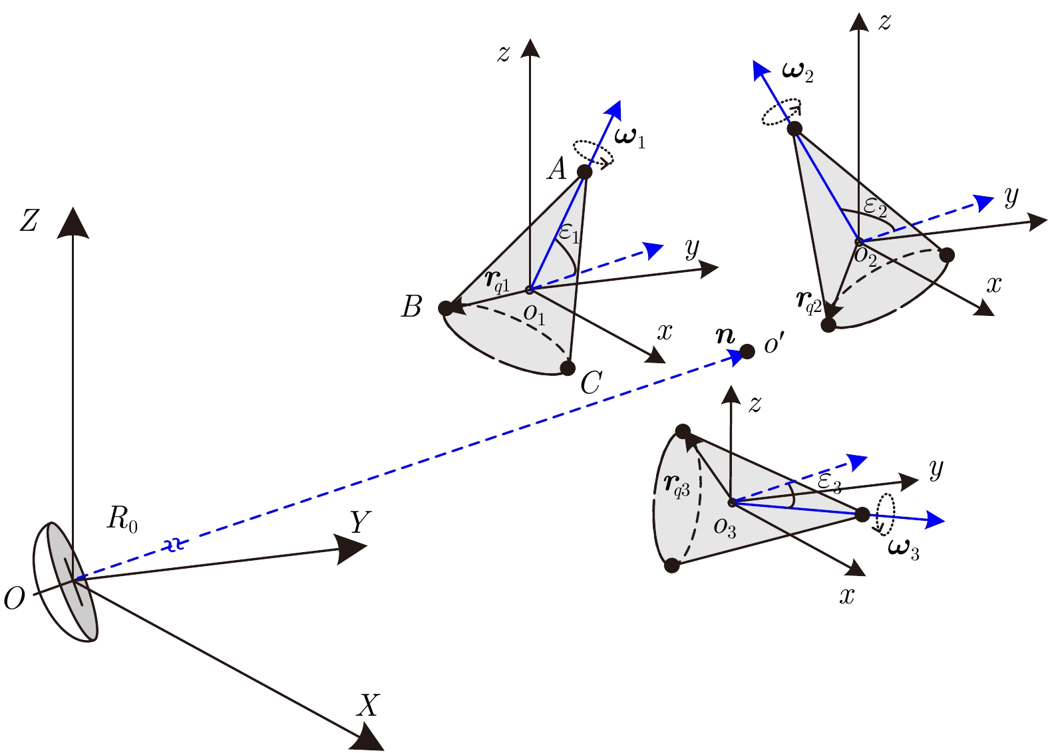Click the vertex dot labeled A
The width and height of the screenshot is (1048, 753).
[x=584, y=172]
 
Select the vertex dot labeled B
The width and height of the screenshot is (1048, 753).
[x=446, y=308]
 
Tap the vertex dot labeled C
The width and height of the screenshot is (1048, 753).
[x=568, y=368]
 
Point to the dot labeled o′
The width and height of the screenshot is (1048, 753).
[x=747, y=351]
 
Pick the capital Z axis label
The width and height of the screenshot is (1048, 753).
[x=29, y=221]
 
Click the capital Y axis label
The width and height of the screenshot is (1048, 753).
[x=360, y=523]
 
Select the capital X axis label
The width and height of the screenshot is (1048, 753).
[x=367, y=705]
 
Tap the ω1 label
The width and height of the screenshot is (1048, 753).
[x=629, y=138]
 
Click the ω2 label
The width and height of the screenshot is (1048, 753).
[x=798, y=72]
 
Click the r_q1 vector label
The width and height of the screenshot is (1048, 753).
[x=497, y=282]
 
